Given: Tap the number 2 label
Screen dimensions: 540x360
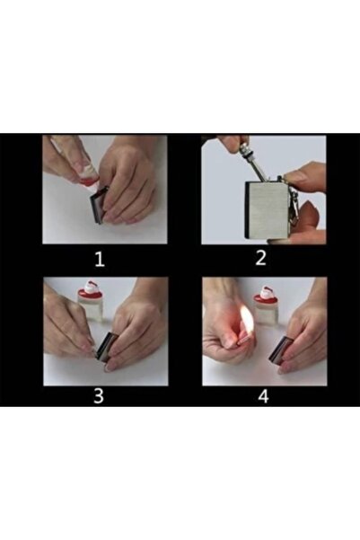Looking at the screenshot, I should [262, 260].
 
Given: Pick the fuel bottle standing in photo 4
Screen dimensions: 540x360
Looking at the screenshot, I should [266, 304].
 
